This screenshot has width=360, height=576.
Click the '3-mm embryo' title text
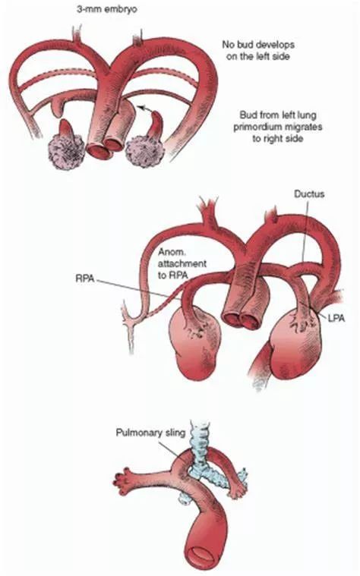pos(106,10)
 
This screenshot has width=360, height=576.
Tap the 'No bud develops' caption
pos(258,45)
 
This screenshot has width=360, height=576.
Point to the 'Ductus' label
pos(309,194)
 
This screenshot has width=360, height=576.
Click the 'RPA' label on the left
pos(84,279)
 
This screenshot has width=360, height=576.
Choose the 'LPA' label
pos(336,318)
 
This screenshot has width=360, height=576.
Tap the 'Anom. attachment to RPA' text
pos(182,263)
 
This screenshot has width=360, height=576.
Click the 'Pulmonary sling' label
pos(151,433)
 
